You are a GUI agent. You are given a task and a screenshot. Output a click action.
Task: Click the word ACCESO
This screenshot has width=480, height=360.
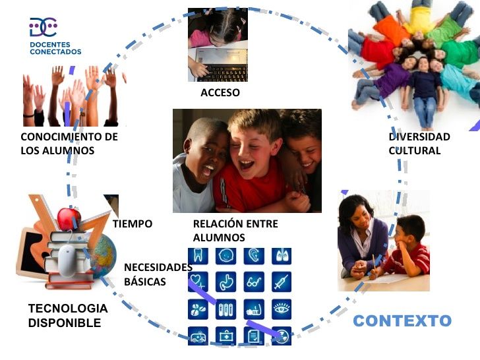click(220, 93)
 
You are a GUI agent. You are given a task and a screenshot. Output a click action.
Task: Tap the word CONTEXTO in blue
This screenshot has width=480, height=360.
click(402, 321)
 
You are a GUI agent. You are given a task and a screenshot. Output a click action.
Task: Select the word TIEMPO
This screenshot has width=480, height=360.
click(133, 224)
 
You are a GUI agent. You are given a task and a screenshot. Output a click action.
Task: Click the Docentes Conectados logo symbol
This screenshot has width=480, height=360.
click(43, 26)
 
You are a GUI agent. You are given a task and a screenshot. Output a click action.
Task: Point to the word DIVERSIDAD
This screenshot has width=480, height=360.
click(419, 137)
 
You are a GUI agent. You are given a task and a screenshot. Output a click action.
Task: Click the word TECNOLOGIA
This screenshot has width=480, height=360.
click(68, 309)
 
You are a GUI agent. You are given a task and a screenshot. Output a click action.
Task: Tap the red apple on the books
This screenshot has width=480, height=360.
click(69, 218)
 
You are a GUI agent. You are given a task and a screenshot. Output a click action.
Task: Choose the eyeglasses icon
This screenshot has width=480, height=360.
click(254, 282)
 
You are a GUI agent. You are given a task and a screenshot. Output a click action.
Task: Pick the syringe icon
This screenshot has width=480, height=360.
click(281, 282)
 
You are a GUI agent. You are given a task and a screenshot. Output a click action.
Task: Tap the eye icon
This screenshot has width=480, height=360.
click(281, 309)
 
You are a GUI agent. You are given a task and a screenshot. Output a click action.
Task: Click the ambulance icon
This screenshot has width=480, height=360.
click(198, 336)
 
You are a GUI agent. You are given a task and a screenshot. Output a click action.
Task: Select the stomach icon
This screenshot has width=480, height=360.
click(226, 282)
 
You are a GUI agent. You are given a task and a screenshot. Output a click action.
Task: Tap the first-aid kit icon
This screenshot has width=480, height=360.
click(226, 336)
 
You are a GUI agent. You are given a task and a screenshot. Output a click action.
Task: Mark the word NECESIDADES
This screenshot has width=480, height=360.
click(158, 267)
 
